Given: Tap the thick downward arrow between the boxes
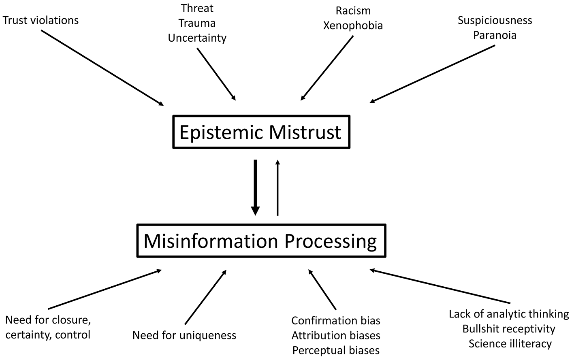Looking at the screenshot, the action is click(x=255, y=187).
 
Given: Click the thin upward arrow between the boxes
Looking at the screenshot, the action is click(x=277, y=187).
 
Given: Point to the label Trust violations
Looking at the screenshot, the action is click(x=41, y=20).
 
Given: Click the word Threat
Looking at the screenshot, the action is click(x=197, y=8).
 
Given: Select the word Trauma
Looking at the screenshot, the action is click(x=197, y=23).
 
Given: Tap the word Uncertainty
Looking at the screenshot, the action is click(x=197, y=38).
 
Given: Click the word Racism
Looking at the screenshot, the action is click(x=353, y=11).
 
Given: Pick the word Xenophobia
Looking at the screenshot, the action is click(x=353, y=26).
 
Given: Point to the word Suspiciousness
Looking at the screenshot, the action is click(x=495, y=20).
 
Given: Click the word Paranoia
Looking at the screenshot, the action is click(x=495, y=35).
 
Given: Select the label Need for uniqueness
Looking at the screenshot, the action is click(x=184, y=335).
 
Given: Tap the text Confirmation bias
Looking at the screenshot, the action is click(x=336, y=321).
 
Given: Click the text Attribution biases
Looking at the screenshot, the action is click(x=336, y=335).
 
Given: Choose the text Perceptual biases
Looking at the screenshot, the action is click(x=336, y=350).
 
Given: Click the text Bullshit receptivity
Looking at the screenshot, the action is click(x=509, y=329).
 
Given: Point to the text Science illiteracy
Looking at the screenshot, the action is click(x=510, y=344).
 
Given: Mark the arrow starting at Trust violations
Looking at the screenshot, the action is click(x=102, y=68).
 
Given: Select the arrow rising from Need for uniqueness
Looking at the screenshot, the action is click(x=206, y=297).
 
